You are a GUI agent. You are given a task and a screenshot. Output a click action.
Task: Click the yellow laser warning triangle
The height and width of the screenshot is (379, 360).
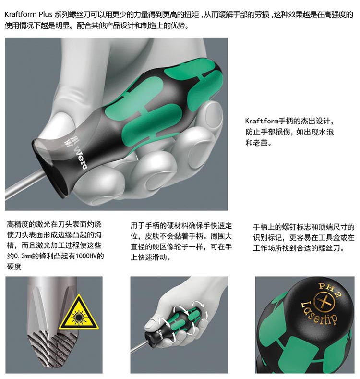pos(79,314)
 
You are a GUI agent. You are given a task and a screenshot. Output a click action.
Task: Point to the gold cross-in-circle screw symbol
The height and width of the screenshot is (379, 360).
pos(324,302)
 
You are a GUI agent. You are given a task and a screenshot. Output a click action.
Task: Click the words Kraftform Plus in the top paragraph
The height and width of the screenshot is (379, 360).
pos(28,14)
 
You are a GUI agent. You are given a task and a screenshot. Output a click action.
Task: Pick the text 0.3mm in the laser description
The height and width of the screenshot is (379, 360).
pos(23,256)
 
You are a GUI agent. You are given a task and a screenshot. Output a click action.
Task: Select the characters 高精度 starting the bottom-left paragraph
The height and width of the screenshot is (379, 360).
pos(18,224)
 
